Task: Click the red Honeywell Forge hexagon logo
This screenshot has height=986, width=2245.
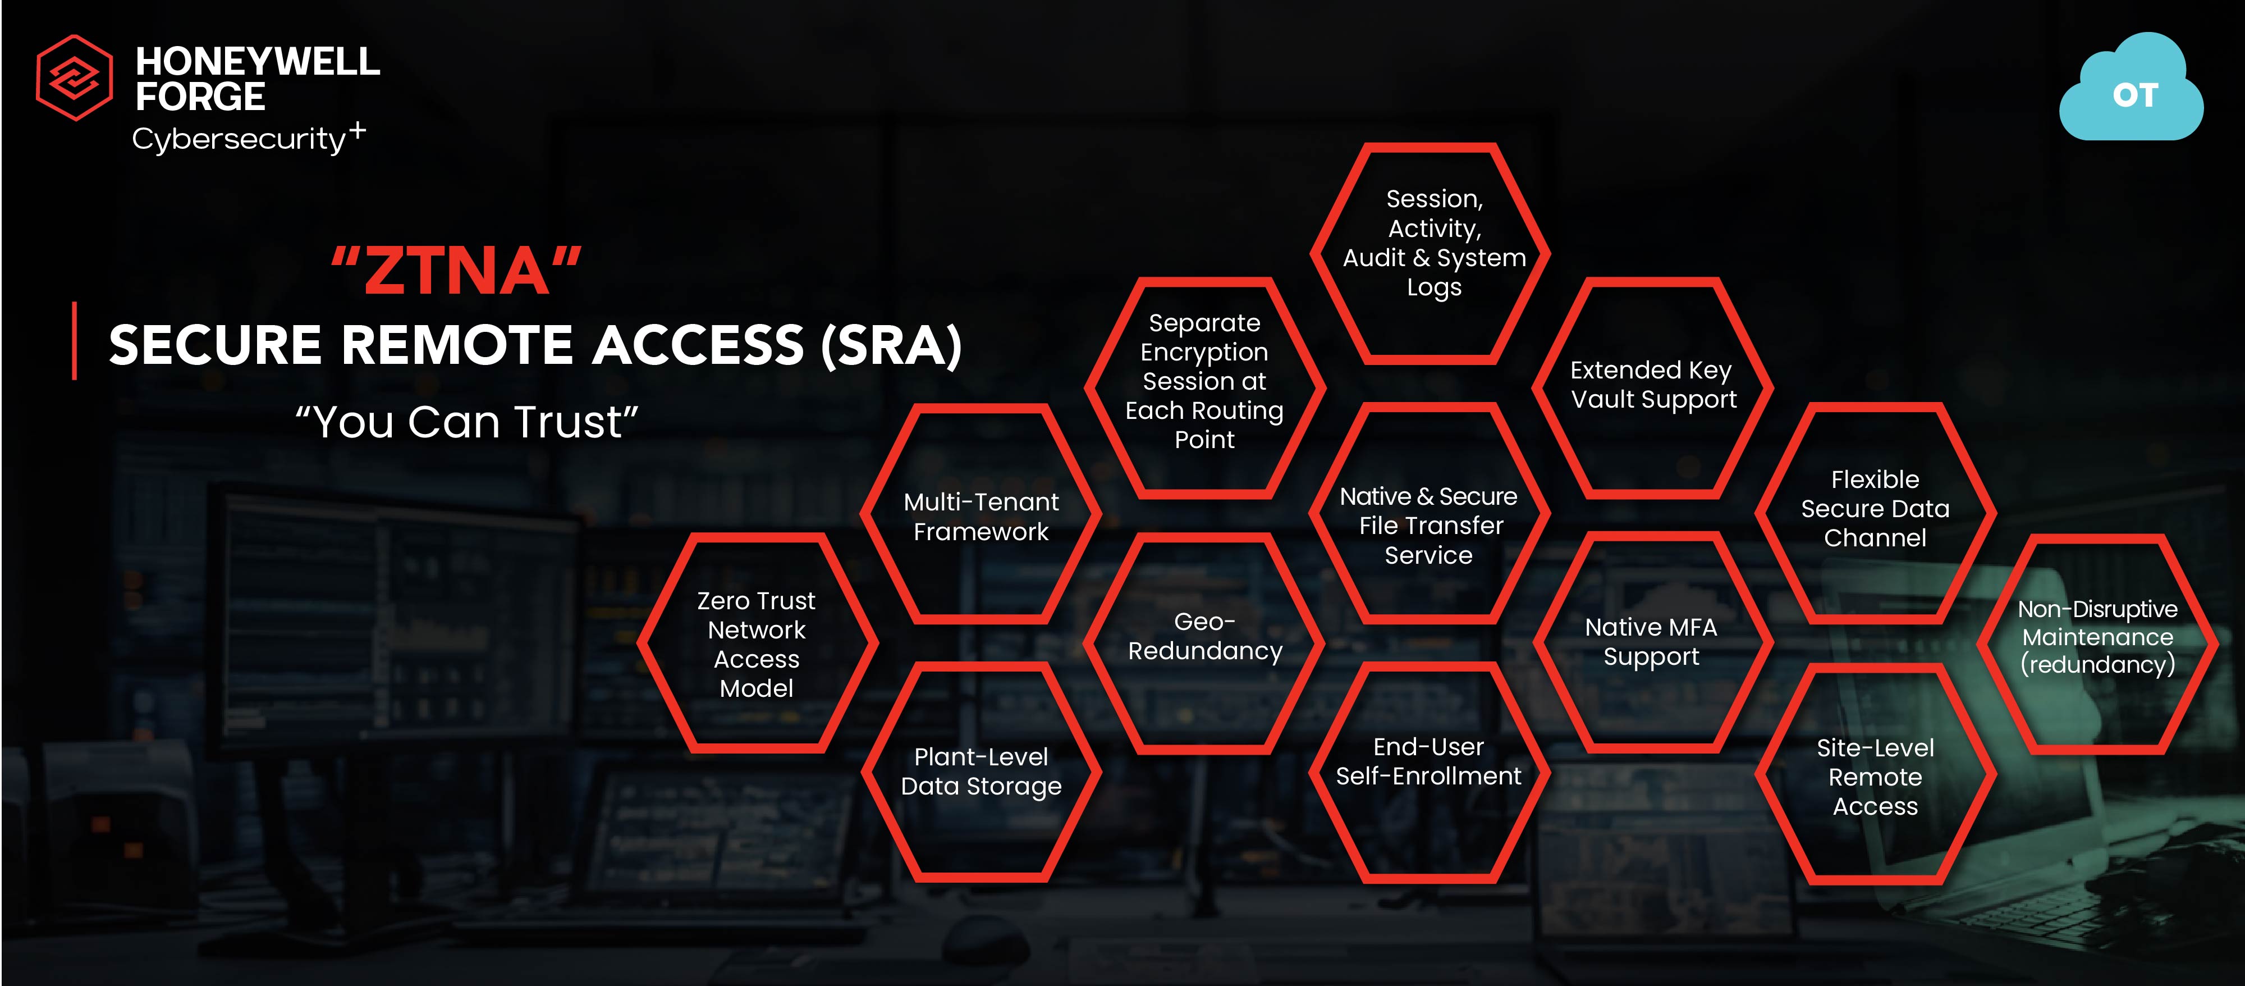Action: tap(74, 77)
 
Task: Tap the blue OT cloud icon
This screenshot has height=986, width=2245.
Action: tap(2132, 87)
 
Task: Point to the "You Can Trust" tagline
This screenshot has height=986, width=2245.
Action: tap(467, 422)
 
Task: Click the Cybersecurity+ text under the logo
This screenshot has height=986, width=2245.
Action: tap(249, 138)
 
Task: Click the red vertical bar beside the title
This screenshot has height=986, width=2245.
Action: tap(75, 341)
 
